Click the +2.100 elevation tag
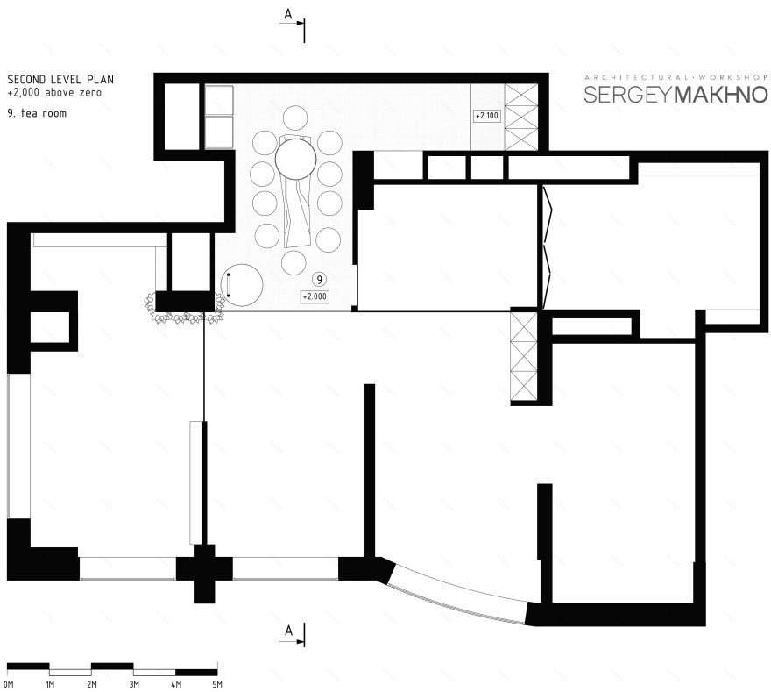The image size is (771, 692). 485,116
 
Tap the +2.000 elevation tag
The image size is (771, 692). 314,297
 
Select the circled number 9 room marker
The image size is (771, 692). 320,279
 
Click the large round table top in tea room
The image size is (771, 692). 296,161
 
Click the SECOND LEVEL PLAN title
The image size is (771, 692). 60,79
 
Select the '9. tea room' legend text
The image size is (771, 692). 36,113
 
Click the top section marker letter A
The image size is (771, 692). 287,14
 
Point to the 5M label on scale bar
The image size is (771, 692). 217,683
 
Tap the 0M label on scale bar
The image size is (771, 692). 8,683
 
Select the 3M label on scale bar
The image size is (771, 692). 133,683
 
